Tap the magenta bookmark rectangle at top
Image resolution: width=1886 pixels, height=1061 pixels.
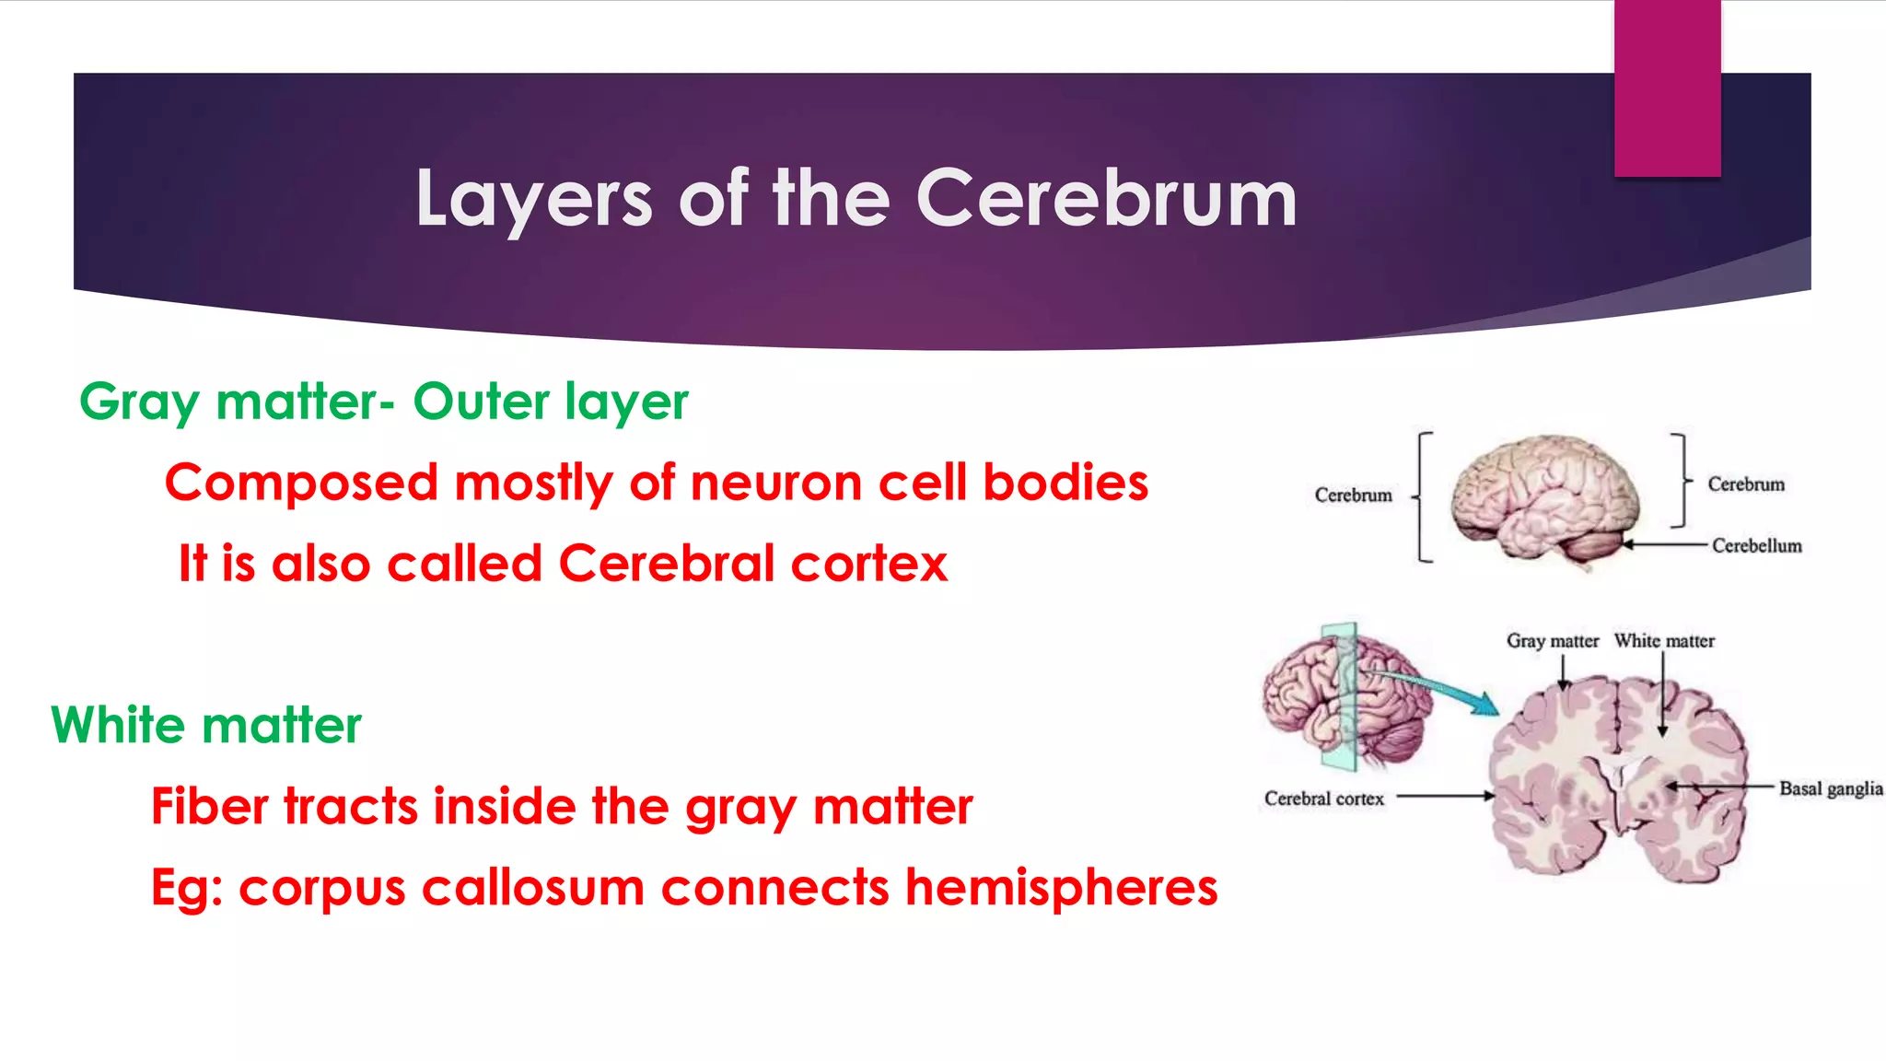(1667, 87)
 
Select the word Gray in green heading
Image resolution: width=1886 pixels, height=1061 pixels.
(139, 402)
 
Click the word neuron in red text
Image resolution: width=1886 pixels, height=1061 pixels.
(776, 483)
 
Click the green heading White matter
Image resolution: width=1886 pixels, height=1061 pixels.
(206, 725)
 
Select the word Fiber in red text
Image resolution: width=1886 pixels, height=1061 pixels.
(209, 806)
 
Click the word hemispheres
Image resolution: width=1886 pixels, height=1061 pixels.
(1061, 888)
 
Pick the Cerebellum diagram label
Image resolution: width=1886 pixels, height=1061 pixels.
(1756, 545)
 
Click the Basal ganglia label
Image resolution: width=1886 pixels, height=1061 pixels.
(1830, 788)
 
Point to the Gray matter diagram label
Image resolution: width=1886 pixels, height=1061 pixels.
(1552, 641)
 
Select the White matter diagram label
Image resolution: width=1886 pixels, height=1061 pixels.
(1664, 641)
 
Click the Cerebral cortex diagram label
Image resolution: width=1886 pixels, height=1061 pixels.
(1323, 799)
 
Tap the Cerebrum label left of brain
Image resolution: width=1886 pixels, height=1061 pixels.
(1353, 496)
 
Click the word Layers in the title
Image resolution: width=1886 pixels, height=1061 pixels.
(533, 199)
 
